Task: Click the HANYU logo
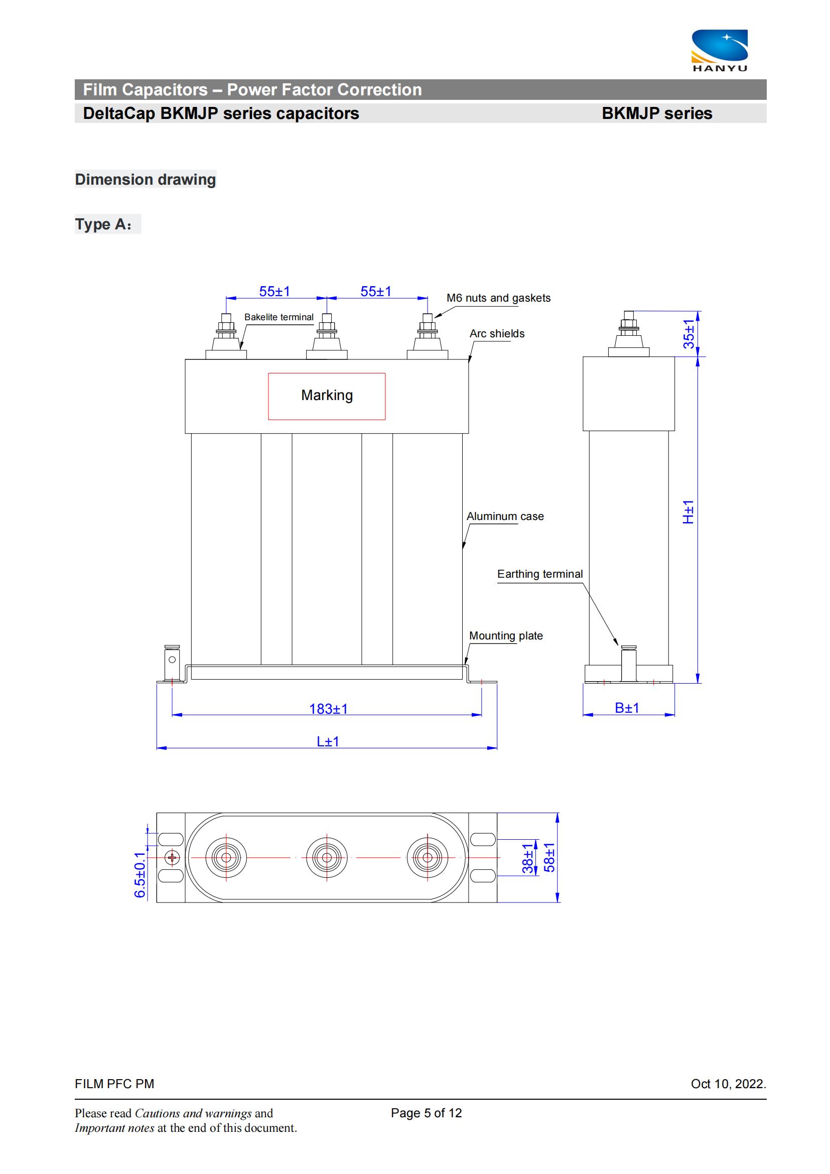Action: [x=720, y=51]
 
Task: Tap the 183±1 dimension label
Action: [x=328, y=709]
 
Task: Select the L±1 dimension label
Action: [x=328, y=741]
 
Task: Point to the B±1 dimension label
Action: [x=627, y=708]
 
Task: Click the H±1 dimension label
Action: [x=688, y=512]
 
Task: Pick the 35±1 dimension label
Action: [x=689, y=334]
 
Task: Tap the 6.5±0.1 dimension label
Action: [x=140, y=875]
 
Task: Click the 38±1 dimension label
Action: [x=527, y=858]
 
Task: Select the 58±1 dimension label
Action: [x=549, y=857]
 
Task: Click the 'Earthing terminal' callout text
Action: [x=540, y=574]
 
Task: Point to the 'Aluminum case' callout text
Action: [x=505, y=516]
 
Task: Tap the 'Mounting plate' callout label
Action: [x=506, y=635]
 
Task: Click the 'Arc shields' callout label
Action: [x=497, y=333]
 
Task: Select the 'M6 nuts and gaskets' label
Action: [x=498, y=298]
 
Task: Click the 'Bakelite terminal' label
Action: [x=279, y=317]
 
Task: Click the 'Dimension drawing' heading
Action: [x=145, y=180]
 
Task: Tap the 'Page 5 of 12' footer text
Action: [x=426, y=1113]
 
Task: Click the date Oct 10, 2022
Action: [x=728, y=1084]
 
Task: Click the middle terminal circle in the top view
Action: [x=327, y=857]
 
